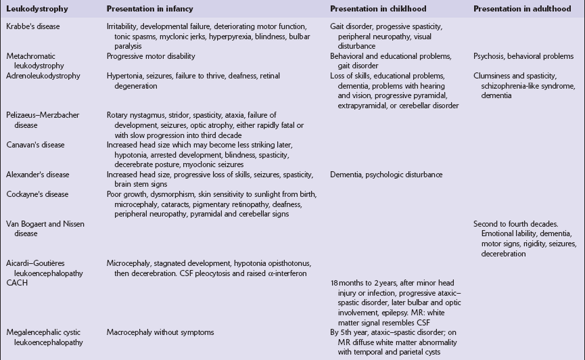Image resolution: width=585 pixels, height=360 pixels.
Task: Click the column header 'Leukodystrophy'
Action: (x=32, y=8)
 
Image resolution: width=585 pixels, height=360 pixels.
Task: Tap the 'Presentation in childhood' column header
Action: (x=375, y=8)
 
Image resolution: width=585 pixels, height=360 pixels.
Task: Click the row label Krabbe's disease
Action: (x=33, y=25)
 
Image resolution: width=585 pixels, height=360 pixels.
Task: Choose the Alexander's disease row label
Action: (x=38, y=175)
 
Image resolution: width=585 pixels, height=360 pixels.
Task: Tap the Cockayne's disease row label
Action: (x=37, y=194)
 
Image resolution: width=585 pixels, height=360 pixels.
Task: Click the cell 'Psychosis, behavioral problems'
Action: (x=523, y=56)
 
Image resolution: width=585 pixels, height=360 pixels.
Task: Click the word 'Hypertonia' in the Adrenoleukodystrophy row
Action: (x=125, y=76)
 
